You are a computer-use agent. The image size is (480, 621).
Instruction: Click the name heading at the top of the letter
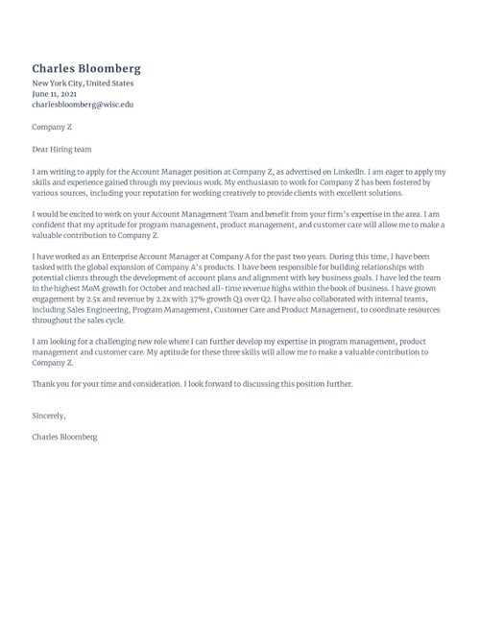point(86,68)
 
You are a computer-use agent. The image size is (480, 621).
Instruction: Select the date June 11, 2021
point(55,94)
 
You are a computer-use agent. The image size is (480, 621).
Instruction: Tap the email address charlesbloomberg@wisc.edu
point(83,105)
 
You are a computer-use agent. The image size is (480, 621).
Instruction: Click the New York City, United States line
point(83,84)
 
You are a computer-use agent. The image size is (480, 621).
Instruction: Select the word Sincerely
point(49,416)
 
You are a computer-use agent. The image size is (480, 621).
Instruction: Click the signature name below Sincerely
point(64,437)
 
